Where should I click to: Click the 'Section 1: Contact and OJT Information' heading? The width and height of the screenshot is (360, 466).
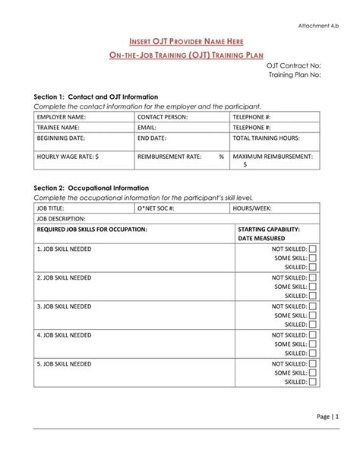coord(96,97)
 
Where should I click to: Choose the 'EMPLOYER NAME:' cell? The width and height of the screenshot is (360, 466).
coord(61,118)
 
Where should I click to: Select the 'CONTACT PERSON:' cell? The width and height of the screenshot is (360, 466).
coord(163,118)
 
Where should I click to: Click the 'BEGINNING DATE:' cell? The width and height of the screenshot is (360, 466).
coord(62,138)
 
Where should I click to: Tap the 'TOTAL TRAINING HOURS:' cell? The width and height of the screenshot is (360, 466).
coord(266,138)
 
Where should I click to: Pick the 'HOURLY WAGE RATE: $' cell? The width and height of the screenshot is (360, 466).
coord(68,156)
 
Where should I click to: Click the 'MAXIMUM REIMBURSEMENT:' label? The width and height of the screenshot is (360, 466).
coord(273,156)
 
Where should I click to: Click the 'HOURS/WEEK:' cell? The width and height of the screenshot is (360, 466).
coord(252,208)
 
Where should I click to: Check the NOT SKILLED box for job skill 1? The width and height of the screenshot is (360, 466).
coord(313,249)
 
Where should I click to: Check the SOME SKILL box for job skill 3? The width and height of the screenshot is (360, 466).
coord(313,315)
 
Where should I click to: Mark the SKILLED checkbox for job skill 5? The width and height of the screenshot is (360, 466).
coord(313,382)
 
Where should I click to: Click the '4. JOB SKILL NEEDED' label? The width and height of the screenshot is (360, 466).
coord(64,334)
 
